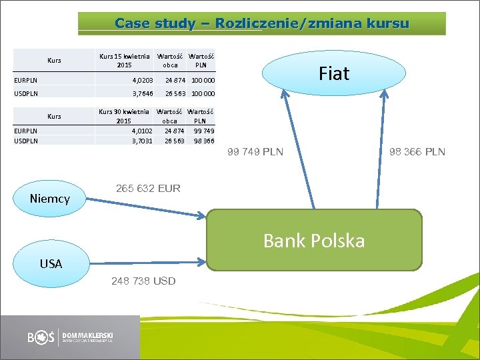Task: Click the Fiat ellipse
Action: coord(333,73)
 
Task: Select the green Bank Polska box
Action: coord(314,240)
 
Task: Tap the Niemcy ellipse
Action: coord(49,198)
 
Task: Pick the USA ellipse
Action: coord(51,263)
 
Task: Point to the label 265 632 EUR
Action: coord(148,189)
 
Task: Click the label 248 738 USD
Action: coord(143,281)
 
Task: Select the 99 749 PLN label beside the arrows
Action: coord(255,152)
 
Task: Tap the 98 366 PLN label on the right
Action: coord(417,152)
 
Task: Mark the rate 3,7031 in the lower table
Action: coord(142,141)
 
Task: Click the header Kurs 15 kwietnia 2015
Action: coord(124,61)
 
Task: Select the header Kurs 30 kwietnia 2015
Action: coord(124,116)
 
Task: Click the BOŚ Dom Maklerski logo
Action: coord(70,337)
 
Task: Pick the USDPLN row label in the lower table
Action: coord(26,141)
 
